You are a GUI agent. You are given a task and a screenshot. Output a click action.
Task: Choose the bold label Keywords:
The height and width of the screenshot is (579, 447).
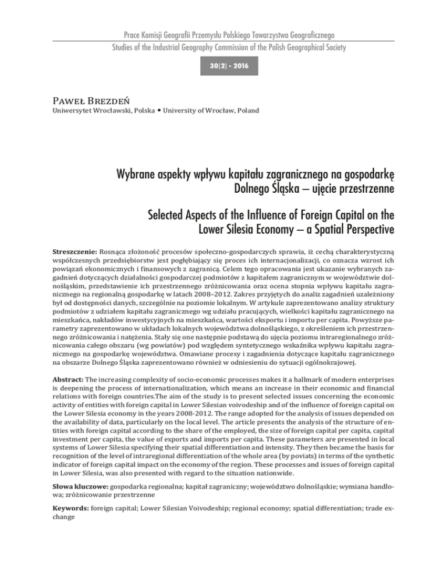coord(72,539)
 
